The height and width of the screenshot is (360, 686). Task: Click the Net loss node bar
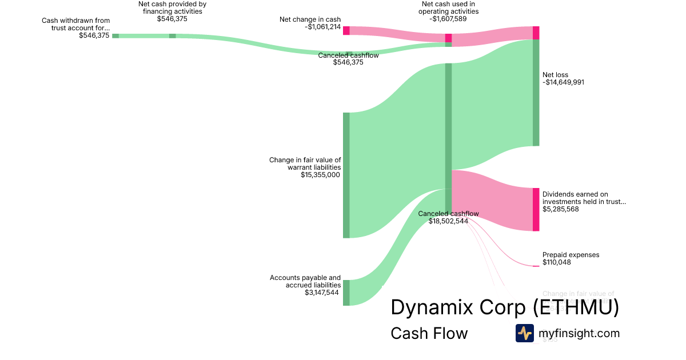536,93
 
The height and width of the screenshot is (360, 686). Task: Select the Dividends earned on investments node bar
536,209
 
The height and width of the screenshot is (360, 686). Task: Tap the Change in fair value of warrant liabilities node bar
346,175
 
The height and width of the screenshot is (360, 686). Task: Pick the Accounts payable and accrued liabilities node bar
346,293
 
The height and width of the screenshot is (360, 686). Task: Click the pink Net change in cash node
346,30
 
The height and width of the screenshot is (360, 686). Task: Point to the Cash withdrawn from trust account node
115,35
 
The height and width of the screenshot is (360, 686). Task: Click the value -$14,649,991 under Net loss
563,82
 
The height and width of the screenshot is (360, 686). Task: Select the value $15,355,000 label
320,175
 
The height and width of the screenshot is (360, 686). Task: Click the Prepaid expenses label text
571,255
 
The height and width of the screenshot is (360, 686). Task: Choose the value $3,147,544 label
321,293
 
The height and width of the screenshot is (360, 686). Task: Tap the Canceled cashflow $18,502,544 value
448,221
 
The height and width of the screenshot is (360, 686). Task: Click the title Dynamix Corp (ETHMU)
504,307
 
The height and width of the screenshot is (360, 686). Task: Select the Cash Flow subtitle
429,333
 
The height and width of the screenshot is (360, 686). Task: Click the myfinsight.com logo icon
524,333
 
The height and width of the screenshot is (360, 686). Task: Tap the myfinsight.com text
579,333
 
